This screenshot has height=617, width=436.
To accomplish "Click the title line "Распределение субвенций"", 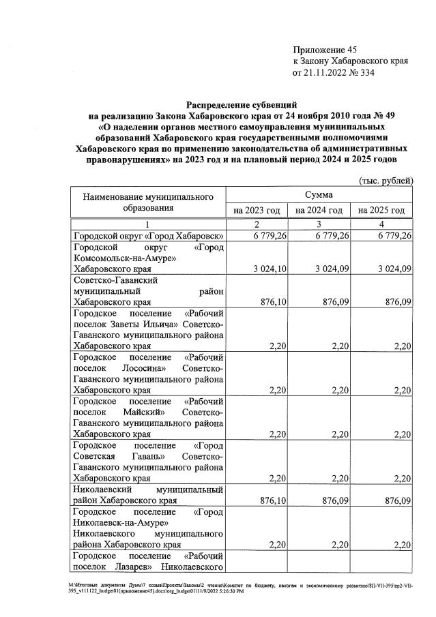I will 242,104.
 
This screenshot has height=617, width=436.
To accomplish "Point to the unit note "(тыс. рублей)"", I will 386,181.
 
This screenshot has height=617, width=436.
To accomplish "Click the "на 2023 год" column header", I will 257,211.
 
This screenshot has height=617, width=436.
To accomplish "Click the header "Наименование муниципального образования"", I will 148,202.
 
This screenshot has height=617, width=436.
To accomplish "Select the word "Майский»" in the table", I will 145,412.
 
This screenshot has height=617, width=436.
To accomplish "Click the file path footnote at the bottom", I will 218,588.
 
